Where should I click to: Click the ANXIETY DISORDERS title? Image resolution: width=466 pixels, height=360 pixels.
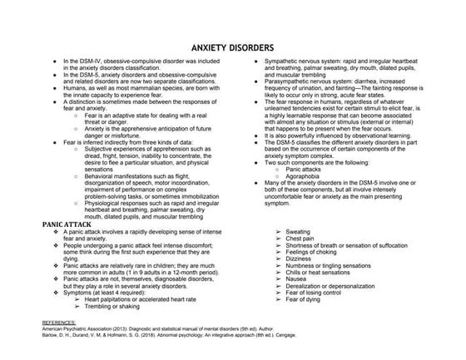[x=234, y=49]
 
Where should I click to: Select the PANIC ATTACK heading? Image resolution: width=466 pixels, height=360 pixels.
[x=68, y=202]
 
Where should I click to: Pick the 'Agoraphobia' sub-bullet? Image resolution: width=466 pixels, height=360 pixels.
[x=305, y=151]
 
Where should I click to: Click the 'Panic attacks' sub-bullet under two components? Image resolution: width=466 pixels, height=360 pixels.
[x=306, y=145]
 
